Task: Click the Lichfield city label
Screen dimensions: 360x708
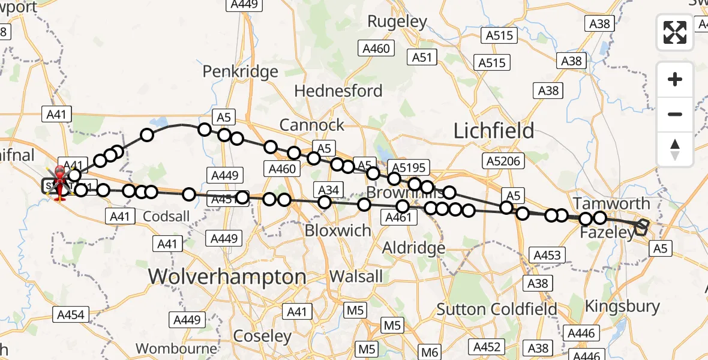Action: (x=493, y=131)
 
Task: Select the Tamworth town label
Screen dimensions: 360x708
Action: (x=611, y=203)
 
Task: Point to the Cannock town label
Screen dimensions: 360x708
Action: (x=312, y=125)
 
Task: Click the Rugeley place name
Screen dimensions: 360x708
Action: (x=397, y=22)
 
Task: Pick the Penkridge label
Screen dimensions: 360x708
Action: (x=240, y=71)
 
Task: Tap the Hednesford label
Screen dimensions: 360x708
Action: (x=338, y=91)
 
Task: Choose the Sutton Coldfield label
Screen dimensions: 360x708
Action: (x=497, y=310)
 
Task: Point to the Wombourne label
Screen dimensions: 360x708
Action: (x=176, y=348)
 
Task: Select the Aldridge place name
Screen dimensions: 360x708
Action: (x=414, y=247)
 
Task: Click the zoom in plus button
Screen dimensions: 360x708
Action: (x=675, y=80)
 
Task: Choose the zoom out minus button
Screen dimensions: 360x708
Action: (x=675, y=114)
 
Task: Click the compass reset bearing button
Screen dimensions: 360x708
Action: (x=675, y=149)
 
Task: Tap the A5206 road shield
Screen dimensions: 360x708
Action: (x=503, y=160)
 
